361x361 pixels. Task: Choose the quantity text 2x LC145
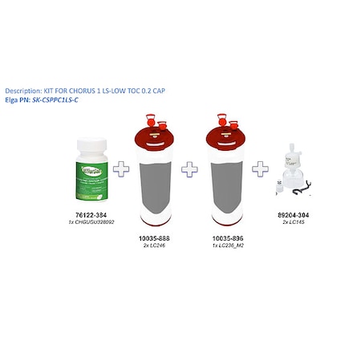point(297,222)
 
